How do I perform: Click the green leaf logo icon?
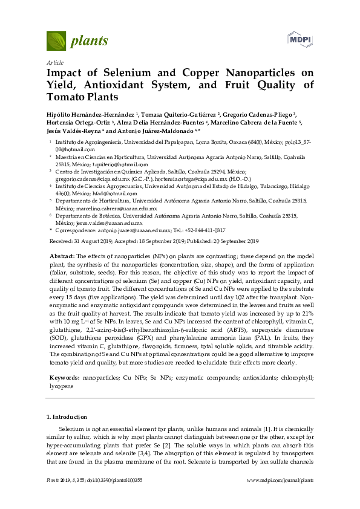[56, 41]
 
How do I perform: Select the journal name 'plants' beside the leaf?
[90, 41]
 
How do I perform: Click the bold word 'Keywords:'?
[64, 377]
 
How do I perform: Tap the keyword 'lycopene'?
[61, 384]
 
